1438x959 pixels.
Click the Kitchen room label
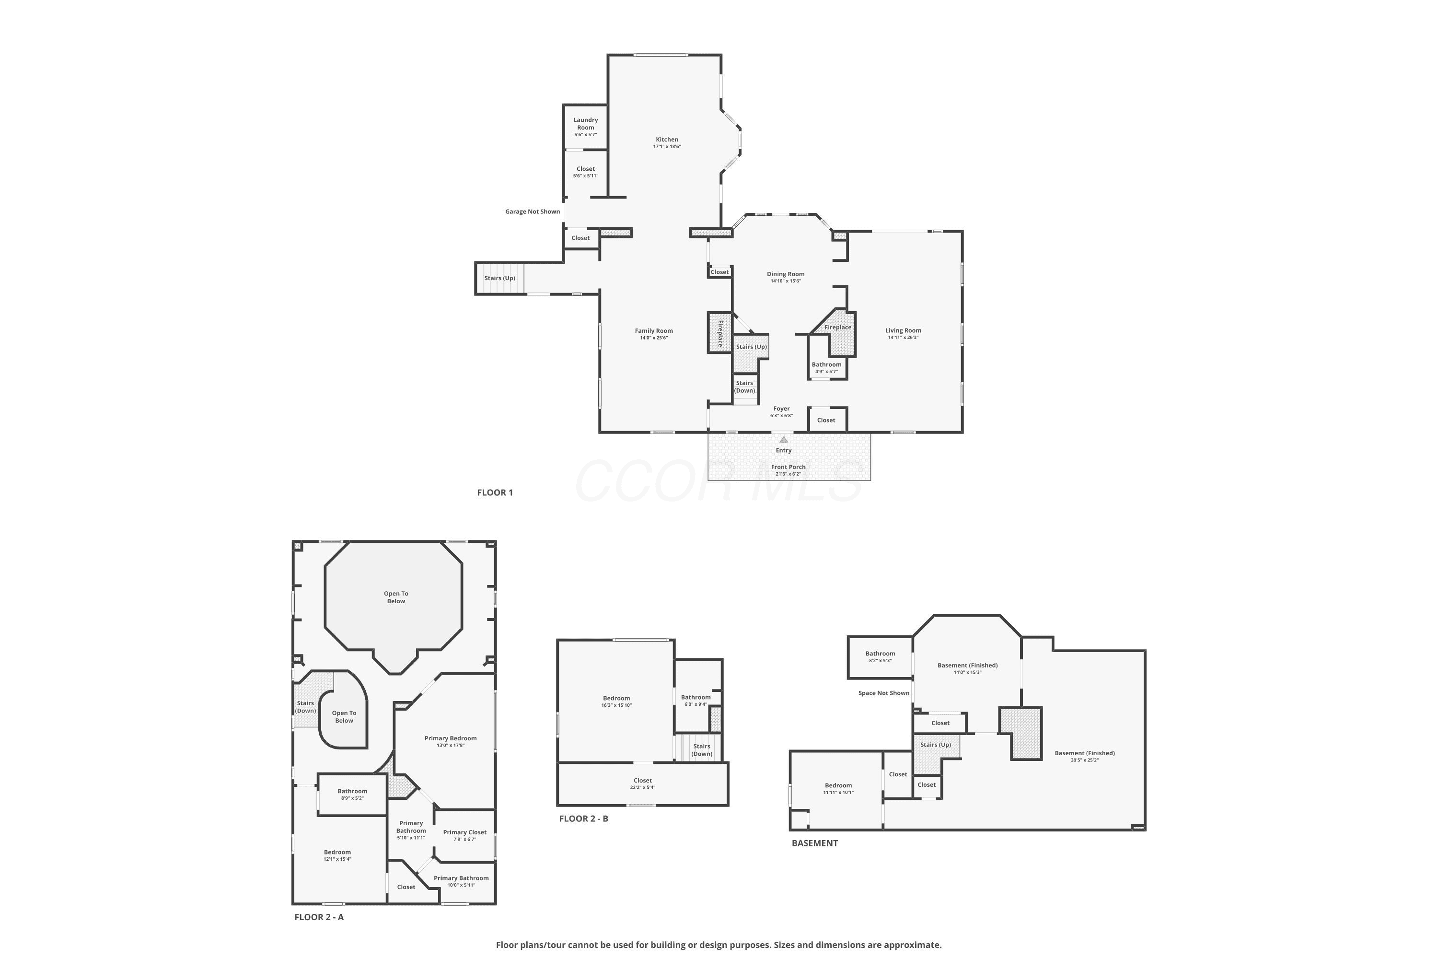click(x=667, y=140)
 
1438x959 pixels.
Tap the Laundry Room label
click(x=586, y=124)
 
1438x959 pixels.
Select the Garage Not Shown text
click(x=533, y=211)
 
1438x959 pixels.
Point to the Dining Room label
click(x=786, y=274)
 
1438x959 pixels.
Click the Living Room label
click(x=903, y=330)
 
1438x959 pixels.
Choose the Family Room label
click(x=654, y=331)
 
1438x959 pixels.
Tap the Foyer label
click(x=781, y=409)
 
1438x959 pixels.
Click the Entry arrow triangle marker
click(x=784, y=440)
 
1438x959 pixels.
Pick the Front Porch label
click(x=788, y=467)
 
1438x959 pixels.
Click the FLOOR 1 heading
click(x=495, y=492)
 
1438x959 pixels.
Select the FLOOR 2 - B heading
click(x=583, y=819)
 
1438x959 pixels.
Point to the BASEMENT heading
click(x=814, y=843)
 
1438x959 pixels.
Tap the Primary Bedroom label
click(x=451, y=738)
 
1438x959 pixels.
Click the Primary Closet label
click(x=464, y=832)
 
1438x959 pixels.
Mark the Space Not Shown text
click(x=883, y=693)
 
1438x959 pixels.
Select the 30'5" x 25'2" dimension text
click(x=1085, y=760)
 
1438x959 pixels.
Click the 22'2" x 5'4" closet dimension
click(x=643, y=787)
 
